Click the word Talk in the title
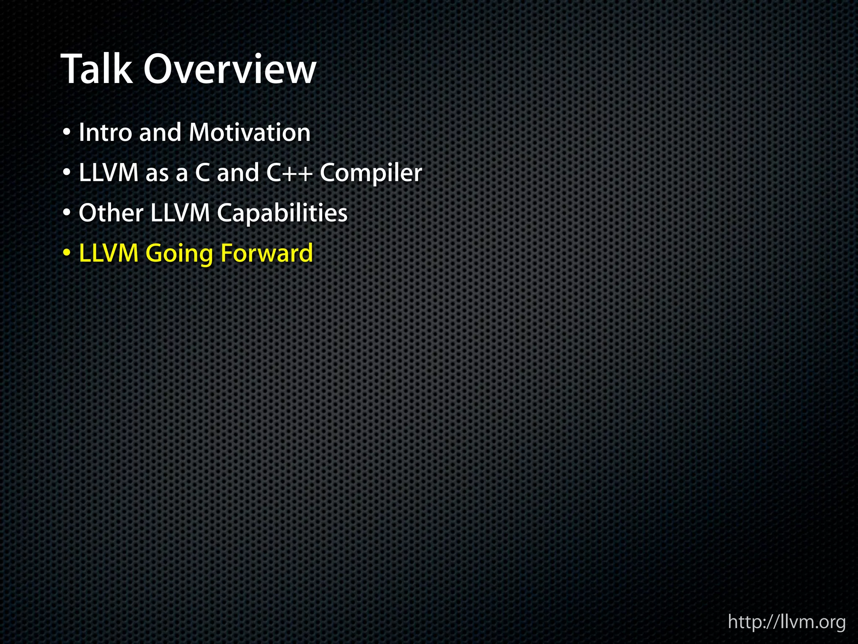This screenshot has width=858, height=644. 96,69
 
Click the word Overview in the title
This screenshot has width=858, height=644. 230,69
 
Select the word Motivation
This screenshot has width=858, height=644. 249,133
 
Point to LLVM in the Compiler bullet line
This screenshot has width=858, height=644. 109,173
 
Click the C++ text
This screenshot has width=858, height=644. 289,173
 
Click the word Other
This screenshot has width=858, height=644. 111,213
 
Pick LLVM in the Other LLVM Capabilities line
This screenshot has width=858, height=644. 180,213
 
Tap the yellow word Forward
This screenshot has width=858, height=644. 266,253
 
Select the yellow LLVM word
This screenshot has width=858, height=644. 109,253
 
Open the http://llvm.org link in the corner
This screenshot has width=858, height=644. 787,622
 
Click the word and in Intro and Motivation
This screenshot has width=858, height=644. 160,133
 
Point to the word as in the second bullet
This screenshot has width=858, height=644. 157,174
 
